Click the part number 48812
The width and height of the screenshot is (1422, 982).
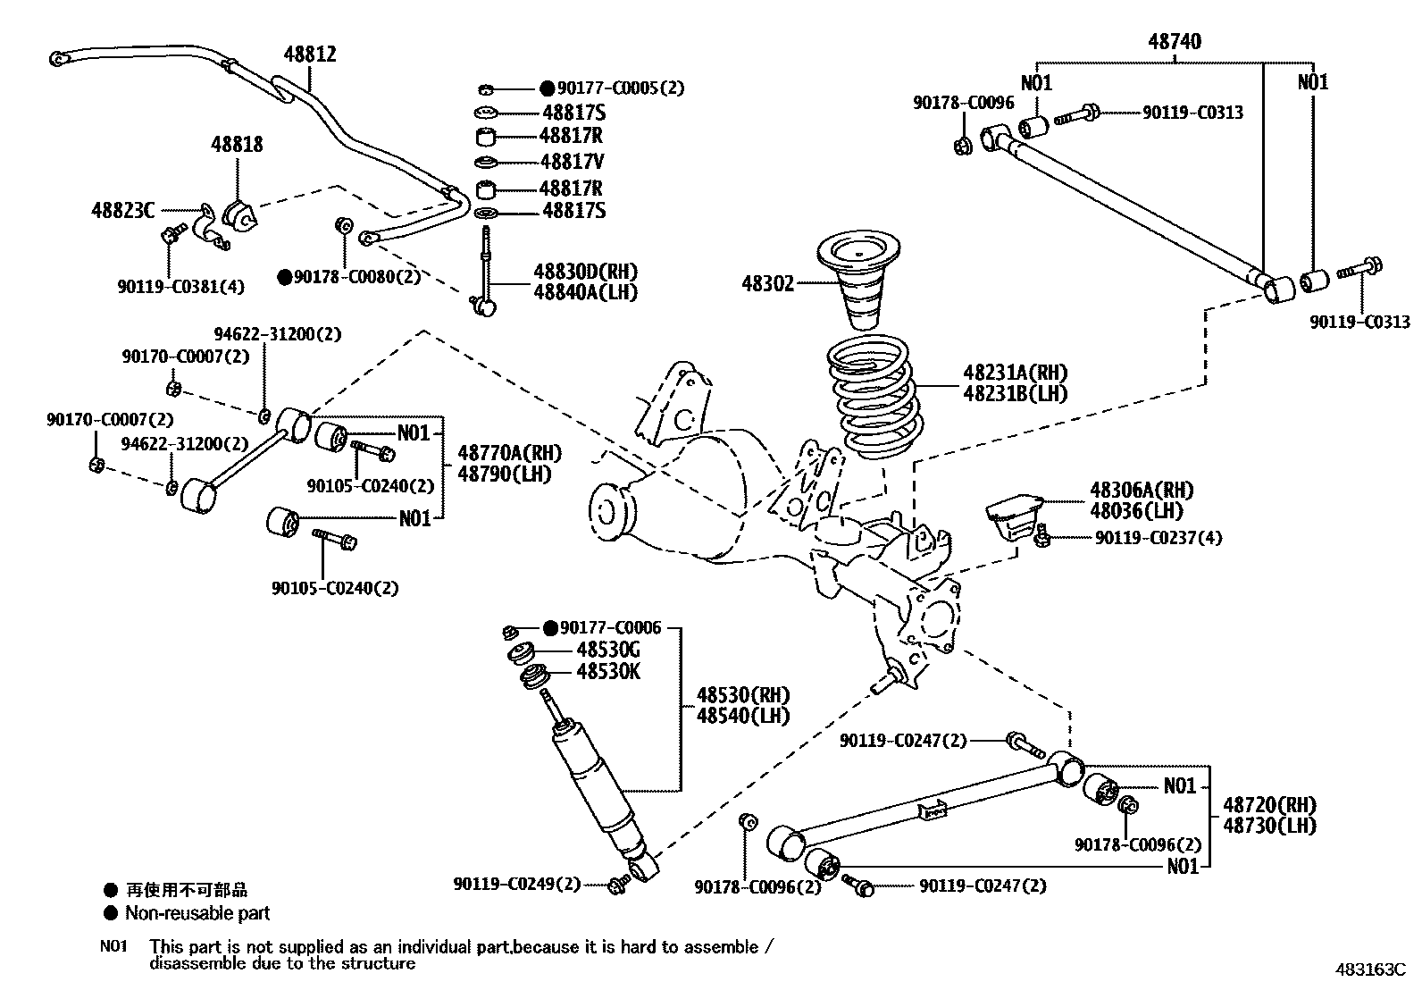pyautogui.click(x=310, y=55)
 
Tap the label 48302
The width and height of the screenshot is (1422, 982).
pyautogui.click(x=767, y=284)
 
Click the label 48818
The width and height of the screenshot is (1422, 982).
pyautogui.click(x=237, y=144)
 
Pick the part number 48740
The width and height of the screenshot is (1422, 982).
pyautogui.click(x=1174, y=41)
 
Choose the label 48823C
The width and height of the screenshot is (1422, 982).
pyautogui.click(x=122, y=211)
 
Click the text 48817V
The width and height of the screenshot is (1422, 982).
pyautogui.click(x=573, y=162)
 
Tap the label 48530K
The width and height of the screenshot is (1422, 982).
pyautogui.click(x=608, y=672)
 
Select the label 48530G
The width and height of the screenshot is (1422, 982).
pyautogui.click(x=608, y=650)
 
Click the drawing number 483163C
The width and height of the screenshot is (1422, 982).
pyautogui.click(x=1371, y=969)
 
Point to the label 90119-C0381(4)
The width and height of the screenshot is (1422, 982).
pyautogui.click(x=180, y=286)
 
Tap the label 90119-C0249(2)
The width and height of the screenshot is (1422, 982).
pyautogui.click(x=516, y=885)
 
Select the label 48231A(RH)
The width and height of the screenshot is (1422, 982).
pyautogui.click(x=1015, y=373)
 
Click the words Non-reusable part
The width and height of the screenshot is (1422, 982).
pyautogui.click(x=197, y=913)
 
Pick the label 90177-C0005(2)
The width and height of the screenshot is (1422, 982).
pyautogui.click(x=621, y=88)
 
